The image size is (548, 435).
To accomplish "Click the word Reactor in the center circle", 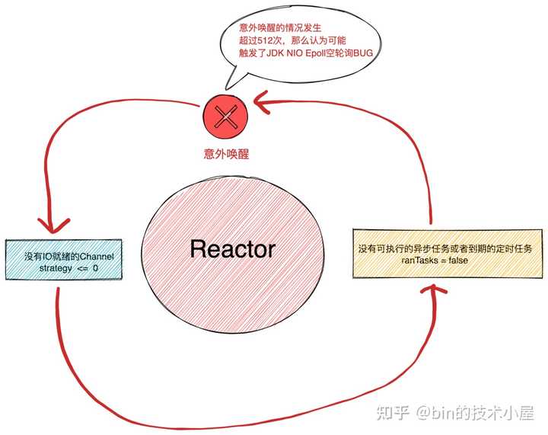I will click(x=232, y=249).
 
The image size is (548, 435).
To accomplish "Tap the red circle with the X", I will click(x=224, y=117).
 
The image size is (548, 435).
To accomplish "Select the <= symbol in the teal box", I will click(x=81, y=268).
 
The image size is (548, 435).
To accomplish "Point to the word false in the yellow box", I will click(x=458, y=261).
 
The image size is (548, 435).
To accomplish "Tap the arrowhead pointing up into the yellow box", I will click(x=437, y=291).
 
